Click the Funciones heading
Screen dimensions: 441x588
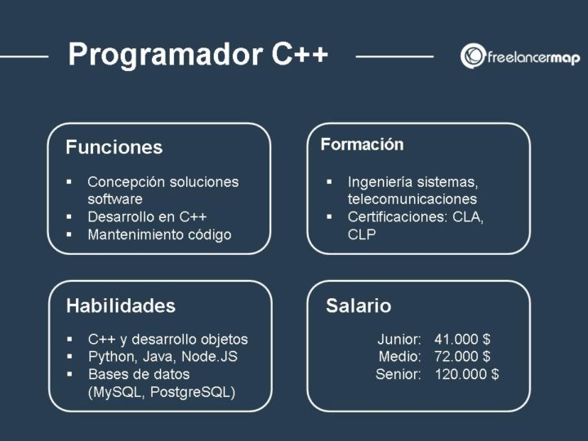coord(114,148)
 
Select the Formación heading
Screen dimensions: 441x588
coord(362,145)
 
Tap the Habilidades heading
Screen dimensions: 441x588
coord(120,306)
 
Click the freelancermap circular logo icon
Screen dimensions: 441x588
coord(473,56)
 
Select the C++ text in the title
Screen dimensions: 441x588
coord(300,55)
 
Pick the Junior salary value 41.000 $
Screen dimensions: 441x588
coord(462,339)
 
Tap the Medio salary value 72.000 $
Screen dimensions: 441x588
coord(462,357)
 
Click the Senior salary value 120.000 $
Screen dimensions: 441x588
coord(466,375)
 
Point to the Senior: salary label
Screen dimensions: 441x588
coord(399,375)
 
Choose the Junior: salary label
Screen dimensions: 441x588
coord(399,339)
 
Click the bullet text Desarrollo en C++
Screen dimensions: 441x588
coord(147,217)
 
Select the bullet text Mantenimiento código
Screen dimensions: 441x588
coord(159,235)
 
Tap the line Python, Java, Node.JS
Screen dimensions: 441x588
coord(163,357)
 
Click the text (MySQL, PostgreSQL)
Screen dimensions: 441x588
coord(161,393)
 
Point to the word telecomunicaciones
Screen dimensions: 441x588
coord(412,199)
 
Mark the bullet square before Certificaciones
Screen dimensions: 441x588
coord(329,217)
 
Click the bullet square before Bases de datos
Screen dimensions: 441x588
coord(69,375)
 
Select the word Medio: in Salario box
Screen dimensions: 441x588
coord(400,357)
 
